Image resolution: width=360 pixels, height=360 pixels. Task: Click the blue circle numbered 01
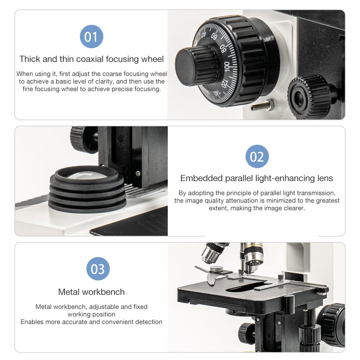(x=91, y=36)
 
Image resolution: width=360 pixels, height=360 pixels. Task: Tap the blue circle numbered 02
(x=257, y=156)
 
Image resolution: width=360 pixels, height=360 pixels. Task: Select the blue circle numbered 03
(x=98, y=269)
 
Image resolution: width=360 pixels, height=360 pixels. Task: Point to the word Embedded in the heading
(x=201, y=178)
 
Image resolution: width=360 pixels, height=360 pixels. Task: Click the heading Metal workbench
(x=91, y=292)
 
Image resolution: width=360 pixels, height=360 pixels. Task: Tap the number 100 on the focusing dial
(x=227, y=66)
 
